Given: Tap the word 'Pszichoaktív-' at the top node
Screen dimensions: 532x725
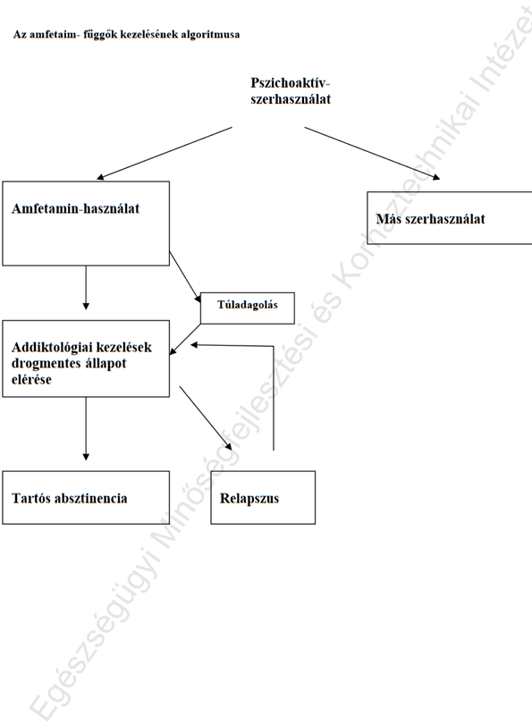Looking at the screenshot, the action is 291,83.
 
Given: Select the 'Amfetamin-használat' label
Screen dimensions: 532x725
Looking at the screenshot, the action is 75,208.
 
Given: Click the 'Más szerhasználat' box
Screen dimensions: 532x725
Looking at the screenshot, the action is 450,218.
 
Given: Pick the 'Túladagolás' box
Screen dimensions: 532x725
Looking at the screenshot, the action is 248,308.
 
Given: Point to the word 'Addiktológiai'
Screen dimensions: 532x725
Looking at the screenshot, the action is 51,347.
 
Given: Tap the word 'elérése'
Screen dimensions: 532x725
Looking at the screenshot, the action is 31,380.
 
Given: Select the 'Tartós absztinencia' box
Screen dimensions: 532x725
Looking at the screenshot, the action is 86,498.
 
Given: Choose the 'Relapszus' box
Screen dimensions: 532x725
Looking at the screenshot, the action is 263,498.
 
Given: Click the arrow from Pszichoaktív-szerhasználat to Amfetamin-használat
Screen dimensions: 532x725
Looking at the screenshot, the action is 165,153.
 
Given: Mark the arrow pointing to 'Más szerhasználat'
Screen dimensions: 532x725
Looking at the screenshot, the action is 372,153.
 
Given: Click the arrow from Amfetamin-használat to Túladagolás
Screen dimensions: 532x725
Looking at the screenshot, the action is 185,277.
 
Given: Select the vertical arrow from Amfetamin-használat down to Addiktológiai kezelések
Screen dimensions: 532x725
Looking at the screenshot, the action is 86,288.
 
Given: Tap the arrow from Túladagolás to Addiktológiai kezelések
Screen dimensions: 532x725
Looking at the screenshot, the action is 185,340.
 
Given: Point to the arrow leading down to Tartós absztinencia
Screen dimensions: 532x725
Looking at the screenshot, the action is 86,428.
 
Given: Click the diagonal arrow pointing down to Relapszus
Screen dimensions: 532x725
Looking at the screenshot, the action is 206,418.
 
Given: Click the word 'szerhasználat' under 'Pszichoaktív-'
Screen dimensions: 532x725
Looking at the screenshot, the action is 291,99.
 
